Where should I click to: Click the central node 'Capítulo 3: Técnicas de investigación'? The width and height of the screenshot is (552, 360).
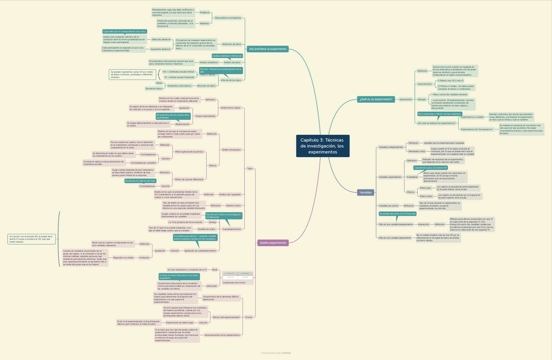click(x=323, y=146)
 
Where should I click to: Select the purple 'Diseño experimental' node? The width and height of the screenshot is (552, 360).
click(x=273, y=243)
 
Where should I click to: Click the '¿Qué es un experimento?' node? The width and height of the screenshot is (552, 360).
click(x=375, y=99)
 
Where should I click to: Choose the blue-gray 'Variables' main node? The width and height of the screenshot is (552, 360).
click(x=366, y=193)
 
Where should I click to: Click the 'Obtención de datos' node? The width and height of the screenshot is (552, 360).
click(x=232, y=44)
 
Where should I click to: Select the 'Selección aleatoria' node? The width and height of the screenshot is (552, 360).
click(x=161, y=40)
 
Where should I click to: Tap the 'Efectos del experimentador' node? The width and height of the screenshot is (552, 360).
click(x=227, y=316)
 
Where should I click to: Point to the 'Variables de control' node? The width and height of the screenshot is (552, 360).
click(x=389, y=205)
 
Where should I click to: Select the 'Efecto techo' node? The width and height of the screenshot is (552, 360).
click(x=425, y=187)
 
